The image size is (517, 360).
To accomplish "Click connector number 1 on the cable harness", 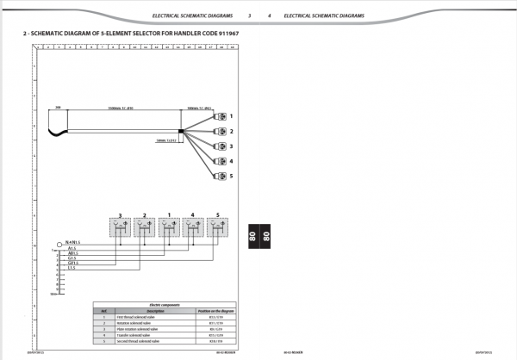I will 219,115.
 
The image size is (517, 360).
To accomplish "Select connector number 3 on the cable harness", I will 219,146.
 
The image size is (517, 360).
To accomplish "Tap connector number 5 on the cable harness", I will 219,177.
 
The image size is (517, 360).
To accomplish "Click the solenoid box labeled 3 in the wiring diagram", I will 120,228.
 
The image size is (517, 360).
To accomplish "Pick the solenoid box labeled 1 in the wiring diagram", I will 170,228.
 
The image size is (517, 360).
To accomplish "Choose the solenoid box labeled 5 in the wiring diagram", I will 218,228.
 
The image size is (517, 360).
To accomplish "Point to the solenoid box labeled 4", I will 193,228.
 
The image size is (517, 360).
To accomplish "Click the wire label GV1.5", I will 72,263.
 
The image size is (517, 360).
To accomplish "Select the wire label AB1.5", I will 72,252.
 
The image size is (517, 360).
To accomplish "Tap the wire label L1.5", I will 72,268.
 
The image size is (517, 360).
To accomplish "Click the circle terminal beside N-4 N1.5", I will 58,244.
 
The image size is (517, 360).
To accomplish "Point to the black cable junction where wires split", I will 181,132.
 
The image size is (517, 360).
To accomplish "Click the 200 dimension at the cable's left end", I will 58,108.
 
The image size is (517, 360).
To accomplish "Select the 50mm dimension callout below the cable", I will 166,140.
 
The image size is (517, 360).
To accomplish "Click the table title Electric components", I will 164,305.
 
